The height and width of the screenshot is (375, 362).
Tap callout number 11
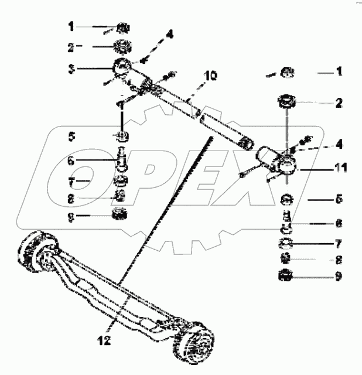(340, 168)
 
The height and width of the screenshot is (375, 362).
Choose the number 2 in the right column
(339, 103)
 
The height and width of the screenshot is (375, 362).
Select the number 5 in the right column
(339, 199)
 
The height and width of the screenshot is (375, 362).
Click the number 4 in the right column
(339, 144)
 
